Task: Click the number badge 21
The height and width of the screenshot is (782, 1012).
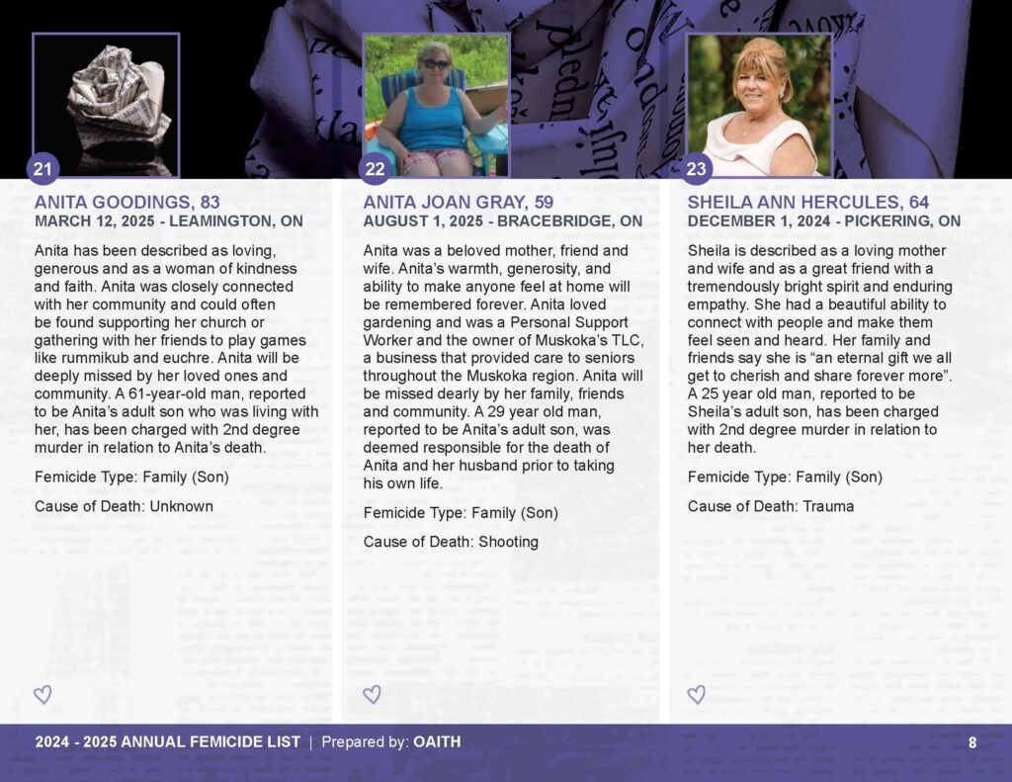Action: tap(42, 169)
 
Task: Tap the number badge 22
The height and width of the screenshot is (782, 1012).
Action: tap(375, 169)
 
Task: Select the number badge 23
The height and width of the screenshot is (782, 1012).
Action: tap(697, 169)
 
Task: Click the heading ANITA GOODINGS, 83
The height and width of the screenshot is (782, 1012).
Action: tap(127, 203)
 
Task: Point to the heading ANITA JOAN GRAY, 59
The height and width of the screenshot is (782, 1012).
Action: tap(459, 203)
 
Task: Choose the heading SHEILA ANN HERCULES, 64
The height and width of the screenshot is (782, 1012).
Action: tap(808, 203)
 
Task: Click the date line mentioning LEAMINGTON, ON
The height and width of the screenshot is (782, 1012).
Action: tap(169, 221)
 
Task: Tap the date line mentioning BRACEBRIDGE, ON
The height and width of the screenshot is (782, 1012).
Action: tap(503, 221)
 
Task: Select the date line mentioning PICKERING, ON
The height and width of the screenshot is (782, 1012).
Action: tap(824, 221)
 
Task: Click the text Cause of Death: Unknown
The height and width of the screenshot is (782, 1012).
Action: tap(124, 506)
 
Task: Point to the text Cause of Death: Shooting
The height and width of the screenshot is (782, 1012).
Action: tap(451, 542)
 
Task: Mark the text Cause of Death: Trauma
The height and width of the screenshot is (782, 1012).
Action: tap(771, 506)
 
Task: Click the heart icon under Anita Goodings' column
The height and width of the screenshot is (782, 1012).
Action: tap(42, 695)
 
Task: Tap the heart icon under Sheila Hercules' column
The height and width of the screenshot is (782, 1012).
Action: tap(697, 695)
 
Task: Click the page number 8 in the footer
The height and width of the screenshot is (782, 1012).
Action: tap(972, 742)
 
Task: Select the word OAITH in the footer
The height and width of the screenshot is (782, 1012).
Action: tap(437, 742)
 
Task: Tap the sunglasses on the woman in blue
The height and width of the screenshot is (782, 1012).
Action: tap(435, 63)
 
